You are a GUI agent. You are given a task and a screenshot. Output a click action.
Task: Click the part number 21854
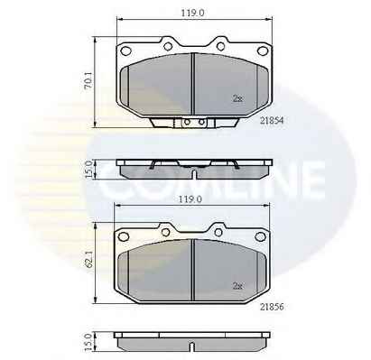point(272,120)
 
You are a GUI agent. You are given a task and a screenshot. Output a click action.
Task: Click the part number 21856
point(272,307)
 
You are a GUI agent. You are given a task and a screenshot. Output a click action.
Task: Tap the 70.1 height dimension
point(88,82)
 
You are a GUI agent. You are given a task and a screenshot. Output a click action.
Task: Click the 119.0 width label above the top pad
point(192,13)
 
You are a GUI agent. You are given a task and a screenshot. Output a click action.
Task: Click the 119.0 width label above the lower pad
point(190,199)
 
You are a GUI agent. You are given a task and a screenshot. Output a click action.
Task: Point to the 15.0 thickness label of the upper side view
point(88,169)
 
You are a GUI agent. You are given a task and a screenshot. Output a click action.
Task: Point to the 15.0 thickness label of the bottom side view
point(88,342)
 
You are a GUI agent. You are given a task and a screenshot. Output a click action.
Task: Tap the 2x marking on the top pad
point(237,99)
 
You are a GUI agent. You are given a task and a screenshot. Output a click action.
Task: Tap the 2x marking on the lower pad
point(237,286)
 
